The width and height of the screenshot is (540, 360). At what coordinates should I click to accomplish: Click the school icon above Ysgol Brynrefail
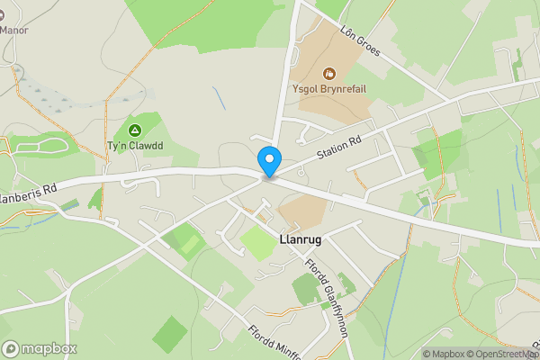point(328,71)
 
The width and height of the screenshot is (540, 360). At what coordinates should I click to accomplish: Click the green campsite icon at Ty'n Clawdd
point(135,130)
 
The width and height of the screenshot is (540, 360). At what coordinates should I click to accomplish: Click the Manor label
point(14,29)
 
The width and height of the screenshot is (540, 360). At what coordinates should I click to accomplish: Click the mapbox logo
point(40,348)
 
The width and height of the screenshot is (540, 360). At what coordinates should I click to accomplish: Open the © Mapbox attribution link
point(447,354)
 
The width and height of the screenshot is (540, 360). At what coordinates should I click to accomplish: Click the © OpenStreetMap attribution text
point(506,354)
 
